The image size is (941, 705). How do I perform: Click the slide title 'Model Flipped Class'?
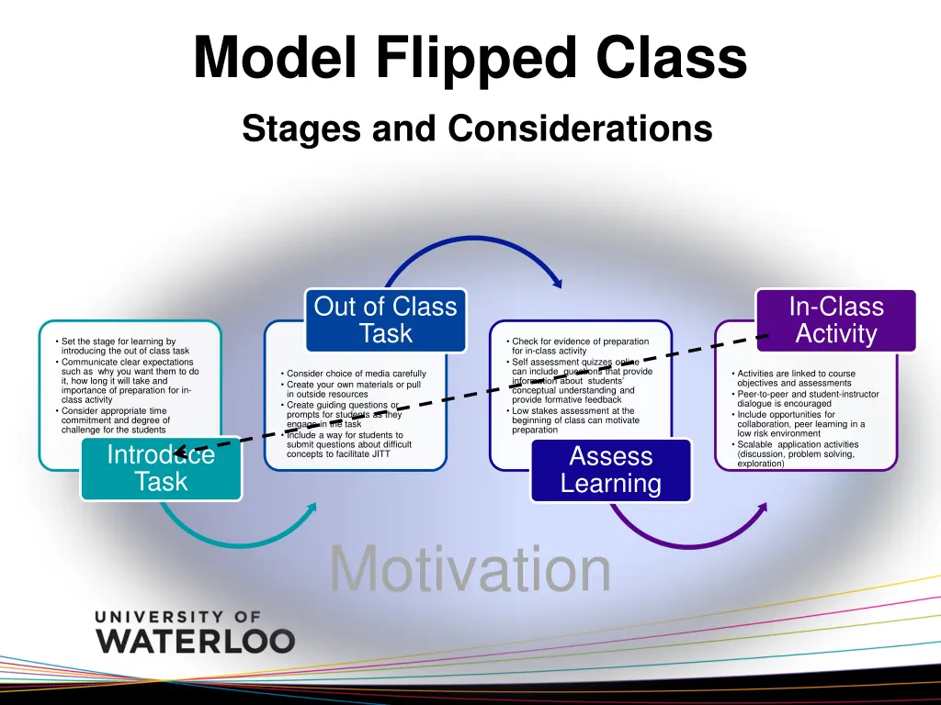[470, 57]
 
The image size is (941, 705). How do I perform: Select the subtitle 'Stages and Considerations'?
[477, 129]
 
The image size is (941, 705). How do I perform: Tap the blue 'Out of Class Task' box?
[385, 319]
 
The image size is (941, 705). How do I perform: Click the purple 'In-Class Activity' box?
[835, 319]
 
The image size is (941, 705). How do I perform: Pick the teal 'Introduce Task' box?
[161, 468]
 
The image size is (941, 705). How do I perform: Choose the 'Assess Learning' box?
[610, 470]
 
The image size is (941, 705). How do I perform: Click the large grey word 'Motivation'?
[470, 569]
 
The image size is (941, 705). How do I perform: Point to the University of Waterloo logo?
[195, 632]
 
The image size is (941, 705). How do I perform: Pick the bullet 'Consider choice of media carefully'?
[356, 374]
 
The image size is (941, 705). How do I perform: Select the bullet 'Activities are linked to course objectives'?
[796, 378]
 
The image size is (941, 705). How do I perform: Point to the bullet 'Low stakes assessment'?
[574, 420]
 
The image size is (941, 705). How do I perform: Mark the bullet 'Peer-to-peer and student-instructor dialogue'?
[807, 398]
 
